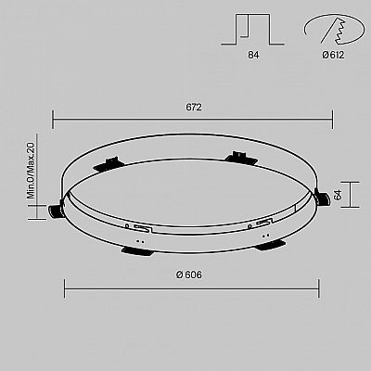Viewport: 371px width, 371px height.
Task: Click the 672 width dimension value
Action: click(194, 108)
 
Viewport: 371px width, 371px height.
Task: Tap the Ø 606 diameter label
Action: click(189, 275)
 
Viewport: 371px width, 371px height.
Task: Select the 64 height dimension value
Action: click(338, 195)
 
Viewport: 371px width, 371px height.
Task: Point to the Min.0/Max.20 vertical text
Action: click(32, 171)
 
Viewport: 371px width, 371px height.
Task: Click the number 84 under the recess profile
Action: click(253, 55)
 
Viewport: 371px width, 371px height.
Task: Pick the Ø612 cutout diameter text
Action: click(333, 55)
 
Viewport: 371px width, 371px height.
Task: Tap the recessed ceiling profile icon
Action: click(252, 30)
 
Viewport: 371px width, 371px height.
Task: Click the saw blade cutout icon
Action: click(334, 29)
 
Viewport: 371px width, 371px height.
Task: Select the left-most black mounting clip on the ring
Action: click(56, 211)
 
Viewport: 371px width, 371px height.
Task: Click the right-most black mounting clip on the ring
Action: click(322, 198)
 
